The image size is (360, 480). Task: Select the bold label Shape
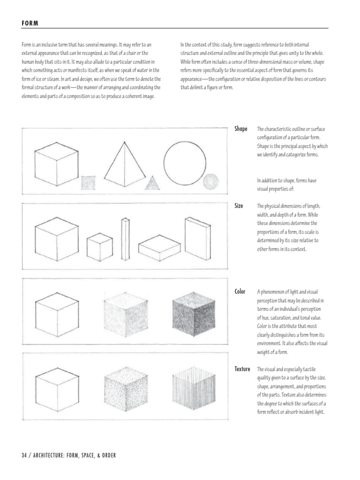pyautogui.click(x=240, y=129)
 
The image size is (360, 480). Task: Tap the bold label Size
pyautogui.click(x=239, y=206)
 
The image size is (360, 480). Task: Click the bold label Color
pyautogui.click(x=240, y=292)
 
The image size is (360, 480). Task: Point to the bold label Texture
pyautogui.click(x=242, y=369)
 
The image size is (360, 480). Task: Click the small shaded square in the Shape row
pyautogui.click(x=88, y=183)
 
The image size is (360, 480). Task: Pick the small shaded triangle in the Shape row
pyautogui.click(x=152, y=183)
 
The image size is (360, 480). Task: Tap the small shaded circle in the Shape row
pyautogui.click(x=210, y=181)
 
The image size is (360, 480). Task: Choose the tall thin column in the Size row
pyautogui.click(x=125, y=239)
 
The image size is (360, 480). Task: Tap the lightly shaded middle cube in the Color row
pyautogui.click(x=121, y=313)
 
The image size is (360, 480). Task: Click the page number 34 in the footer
pyautogui.click(x=24, y=455)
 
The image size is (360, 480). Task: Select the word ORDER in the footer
pyautogui.click(x=105, y=455)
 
